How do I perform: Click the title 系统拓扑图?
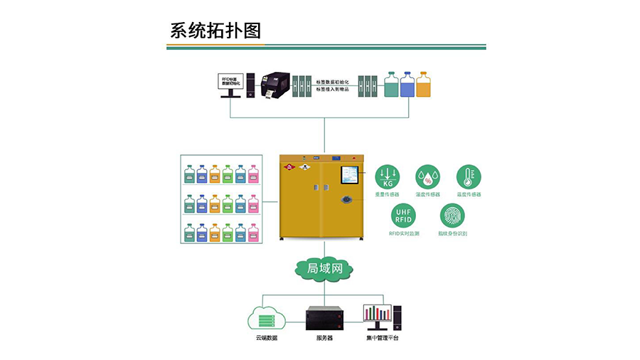[215, 31]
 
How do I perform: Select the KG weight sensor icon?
[388, 176]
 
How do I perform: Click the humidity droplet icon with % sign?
[427, 176]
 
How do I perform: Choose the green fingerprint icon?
[452, 216]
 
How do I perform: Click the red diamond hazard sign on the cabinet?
[290, 169]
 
